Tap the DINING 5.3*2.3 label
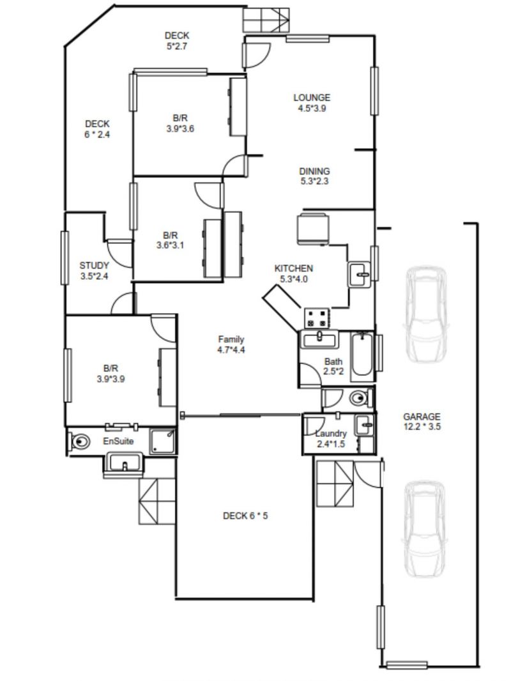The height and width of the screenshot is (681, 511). tap(314, 176)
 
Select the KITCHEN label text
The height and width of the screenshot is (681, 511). tap(293, 268)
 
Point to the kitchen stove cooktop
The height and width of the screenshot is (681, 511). tap(317, 318)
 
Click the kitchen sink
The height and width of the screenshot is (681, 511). tap(359, 275)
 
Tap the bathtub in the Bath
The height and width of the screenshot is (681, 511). tap(362, 356)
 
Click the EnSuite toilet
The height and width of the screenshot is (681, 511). tap(79, 441)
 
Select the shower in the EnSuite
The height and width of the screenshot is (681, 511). tap(162, 441)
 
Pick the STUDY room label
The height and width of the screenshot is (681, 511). tap(94, 271)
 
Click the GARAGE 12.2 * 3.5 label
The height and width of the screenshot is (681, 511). tap(422, 421)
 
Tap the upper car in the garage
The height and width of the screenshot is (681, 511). tap(425, 314)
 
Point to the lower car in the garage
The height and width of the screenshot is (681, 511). tap(423, 528)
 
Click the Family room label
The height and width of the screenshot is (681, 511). tap(231, 344)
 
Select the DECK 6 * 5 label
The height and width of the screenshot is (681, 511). tap(245, 516)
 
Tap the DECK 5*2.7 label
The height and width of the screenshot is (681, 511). tap(177, 41)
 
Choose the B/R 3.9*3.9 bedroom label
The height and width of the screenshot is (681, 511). tap(111, 374)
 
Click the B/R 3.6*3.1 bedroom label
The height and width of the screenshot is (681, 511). tap(170, 240)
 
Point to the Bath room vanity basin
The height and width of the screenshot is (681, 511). tap(319, 339)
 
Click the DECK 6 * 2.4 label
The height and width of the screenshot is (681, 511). tap(97, 129)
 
